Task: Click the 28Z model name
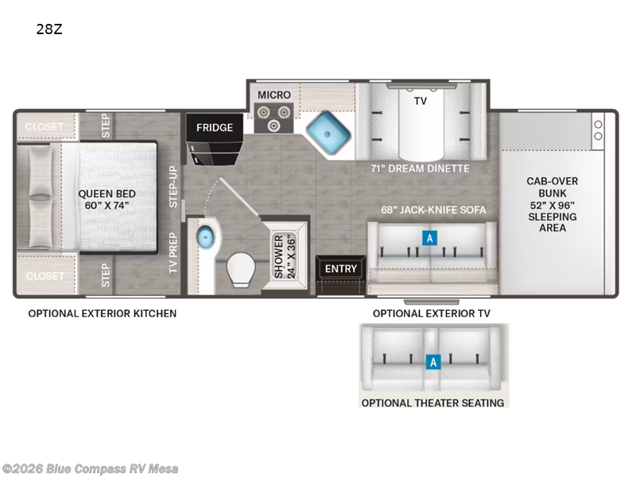click(x=49, y=29)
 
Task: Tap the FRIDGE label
click(x=215, y=128)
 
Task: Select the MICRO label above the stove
click(x=274, y=95)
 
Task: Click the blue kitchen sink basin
click(x=328, y=133)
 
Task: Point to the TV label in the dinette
click(x=421, y=101)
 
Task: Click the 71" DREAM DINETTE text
click(x=420, y=169)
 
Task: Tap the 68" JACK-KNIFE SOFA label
click(x=433, y=210)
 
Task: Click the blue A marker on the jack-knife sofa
click(x=429, y=238)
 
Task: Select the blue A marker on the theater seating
click(x=433, y=362)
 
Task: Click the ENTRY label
click(x=341, y=269)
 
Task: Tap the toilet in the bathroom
click(x=241, y=270)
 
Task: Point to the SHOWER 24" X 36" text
click(x=285, y=256)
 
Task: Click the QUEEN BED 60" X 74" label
click(x=107, y=200)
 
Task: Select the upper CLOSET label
click(x=45, y=126)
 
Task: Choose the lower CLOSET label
click(x=45, y=276)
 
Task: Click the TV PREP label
click(x=173, y=252)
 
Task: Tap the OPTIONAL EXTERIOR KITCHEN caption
click(x=103, y=313)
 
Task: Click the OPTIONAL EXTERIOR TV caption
click(x=432, y=313)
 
